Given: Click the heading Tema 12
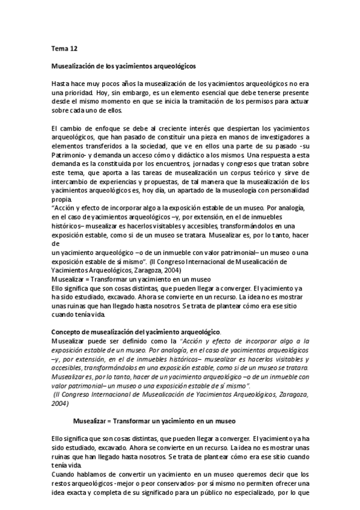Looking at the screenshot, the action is (x=61, y=46).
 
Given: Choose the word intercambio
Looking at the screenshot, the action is (x=71, y=181).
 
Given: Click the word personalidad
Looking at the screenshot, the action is (x=287, y=190).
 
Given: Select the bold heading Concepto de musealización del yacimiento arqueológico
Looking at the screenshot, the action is (x=136, y=331).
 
